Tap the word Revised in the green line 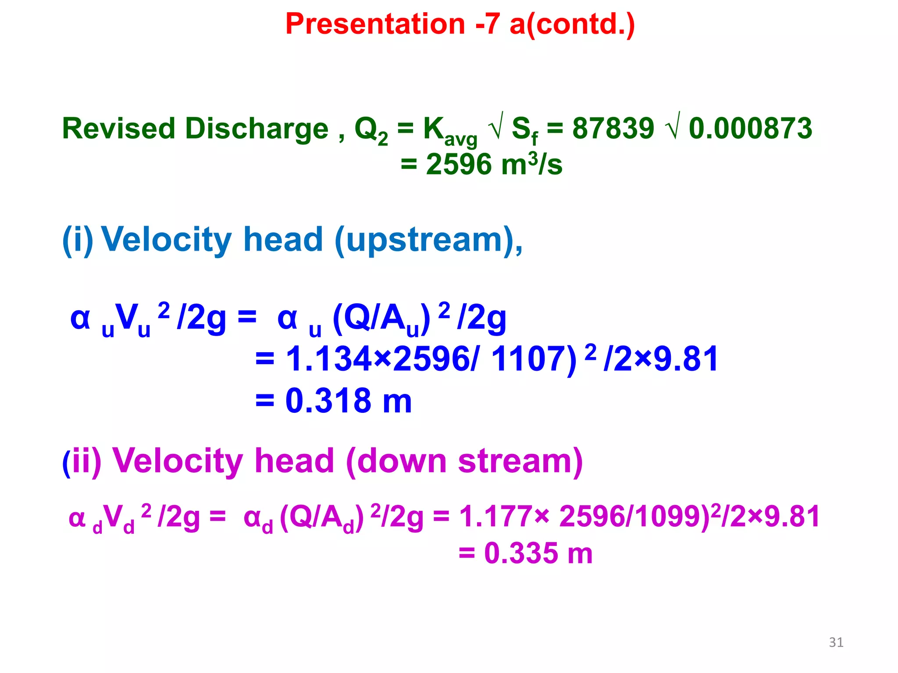click(x=118, y=129)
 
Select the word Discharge click(x=257, y=129)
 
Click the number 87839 click(x=613, y=129)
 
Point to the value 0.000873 click(x=750, y=129)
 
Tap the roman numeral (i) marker click(x=78, y=240)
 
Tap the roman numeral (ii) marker click(x=82, y=461)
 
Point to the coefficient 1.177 click(x=496, y=517)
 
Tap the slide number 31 click(x=836, y=642)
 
